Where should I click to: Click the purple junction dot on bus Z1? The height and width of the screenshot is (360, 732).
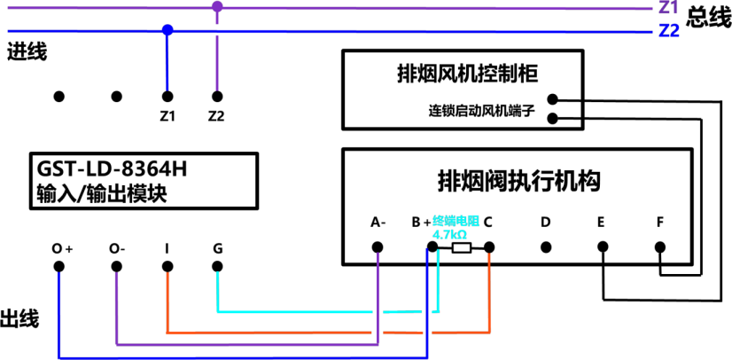coord(217,7)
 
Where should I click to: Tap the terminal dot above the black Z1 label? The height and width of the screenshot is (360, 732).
coord(167,97)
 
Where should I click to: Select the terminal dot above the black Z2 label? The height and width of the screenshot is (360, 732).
coord(216,97)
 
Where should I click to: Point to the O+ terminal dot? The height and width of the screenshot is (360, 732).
coord(58,266)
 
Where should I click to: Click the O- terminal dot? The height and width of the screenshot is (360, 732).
coord(116,266)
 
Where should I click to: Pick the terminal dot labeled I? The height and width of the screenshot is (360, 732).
coord(167,266)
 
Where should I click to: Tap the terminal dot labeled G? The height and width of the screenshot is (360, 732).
coord(217,266)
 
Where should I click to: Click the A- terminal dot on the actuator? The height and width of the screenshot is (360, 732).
coord(378,247)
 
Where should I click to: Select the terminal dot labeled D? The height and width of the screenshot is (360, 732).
coord(545,247)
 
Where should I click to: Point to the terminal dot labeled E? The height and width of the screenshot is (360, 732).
coord(603,247)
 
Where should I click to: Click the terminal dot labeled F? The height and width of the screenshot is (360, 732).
coord(659,247)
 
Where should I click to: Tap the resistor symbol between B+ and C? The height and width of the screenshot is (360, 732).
coord(461,248)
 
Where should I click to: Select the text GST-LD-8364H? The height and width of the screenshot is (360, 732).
coord(110,169)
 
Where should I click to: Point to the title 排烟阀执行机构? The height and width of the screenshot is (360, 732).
coord(518,181)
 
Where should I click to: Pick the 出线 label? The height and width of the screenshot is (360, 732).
coord(20,319)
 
